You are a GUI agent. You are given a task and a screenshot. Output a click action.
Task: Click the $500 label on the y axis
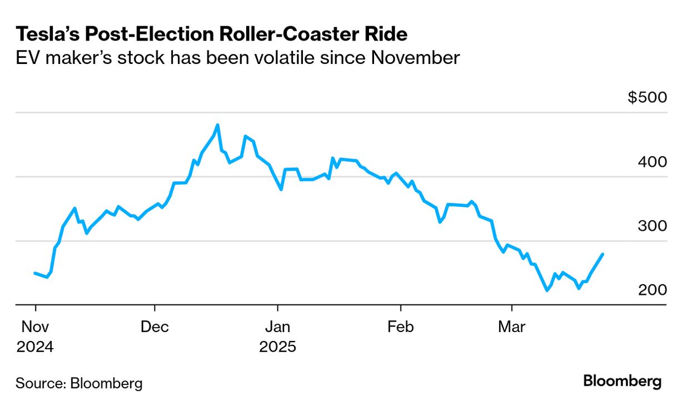tap(647, 97)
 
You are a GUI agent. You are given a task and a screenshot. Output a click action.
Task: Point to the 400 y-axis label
tap(652, 162)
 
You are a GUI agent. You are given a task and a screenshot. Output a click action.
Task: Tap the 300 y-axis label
tap(652, 226)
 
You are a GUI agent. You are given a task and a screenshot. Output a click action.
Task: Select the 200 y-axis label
tap(652, 290)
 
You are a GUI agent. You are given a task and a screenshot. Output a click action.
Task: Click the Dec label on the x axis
tap(154, 327)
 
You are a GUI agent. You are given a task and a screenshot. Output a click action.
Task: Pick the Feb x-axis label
tap(400, 327)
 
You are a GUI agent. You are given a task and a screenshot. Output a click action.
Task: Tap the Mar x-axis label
tap(511, 327)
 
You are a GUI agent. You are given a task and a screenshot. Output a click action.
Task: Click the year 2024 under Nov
tap(35, 347)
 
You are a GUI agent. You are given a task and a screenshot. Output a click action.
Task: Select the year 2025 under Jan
tap(277, 347)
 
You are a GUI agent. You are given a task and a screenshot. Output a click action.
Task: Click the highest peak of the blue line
tap(217, 125)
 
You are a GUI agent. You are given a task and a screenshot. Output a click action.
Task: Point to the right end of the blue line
tap(603, 254)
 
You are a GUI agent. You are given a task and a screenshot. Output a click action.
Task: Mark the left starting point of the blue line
tap(35, 273)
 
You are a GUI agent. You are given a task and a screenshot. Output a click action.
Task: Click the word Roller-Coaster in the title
tap(289, 34)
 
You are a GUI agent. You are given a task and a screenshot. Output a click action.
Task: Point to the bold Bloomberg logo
tap(622, 382)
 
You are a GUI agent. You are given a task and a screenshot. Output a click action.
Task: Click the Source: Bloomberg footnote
tap(79, 383)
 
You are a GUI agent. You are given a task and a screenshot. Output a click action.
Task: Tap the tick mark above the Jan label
tap(277, 309)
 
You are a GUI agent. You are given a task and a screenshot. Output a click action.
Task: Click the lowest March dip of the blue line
tap(547, 290)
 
